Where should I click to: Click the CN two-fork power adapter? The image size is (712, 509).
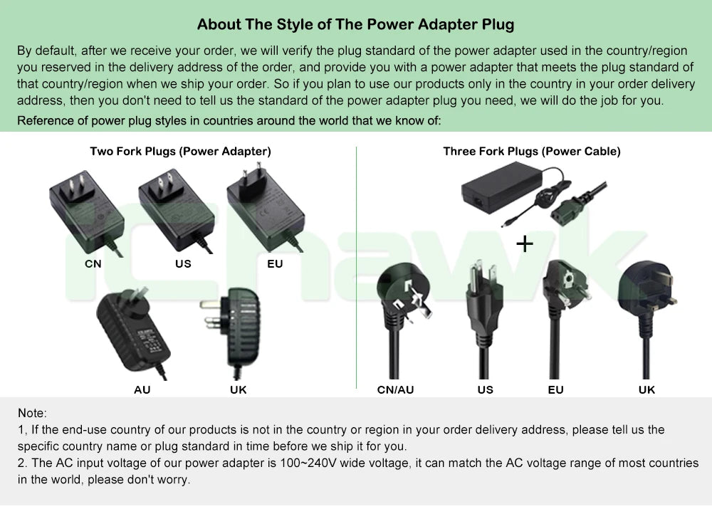(x=86, y=214)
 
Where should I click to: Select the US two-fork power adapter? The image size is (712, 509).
(x=176, y=211)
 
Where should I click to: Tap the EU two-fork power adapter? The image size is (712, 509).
(x=265, y=209)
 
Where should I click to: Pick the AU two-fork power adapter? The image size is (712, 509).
(x=132, y=332)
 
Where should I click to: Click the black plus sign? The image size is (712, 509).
(x=525, y=244)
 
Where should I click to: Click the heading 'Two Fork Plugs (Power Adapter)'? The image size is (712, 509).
(x=180, y=151)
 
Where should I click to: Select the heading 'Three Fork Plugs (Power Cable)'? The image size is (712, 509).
(x=532, y=151)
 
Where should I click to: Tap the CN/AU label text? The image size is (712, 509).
(x=395, y=389)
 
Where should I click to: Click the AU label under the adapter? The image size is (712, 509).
(x=142, y=389)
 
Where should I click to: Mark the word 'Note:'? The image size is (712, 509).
(x=32, y=413)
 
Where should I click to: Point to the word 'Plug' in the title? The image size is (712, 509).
(x=498, y=24)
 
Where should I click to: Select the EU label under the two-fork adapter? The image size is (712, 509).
(x=275, y=264)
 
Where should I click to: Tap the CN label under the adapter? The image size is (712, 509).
(x=93, y=264)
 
